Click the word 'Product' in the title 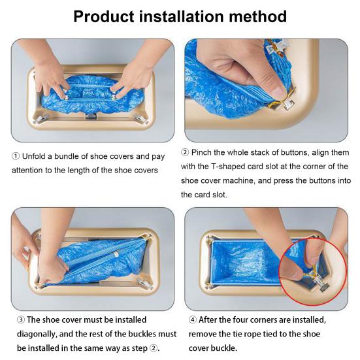(103, 17)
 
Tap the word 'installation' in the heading (181, 16)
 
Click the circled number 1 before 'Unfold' (16, 156)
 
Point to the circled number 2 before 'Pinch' (185, 152)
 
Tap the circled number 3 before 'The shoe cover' (21, 320)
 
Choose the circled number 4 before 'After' (192, 319)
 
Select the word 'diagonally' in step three (37, 334)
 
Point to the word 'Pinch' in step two (201, 152)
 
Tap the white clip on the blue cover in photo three (116, 254)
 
